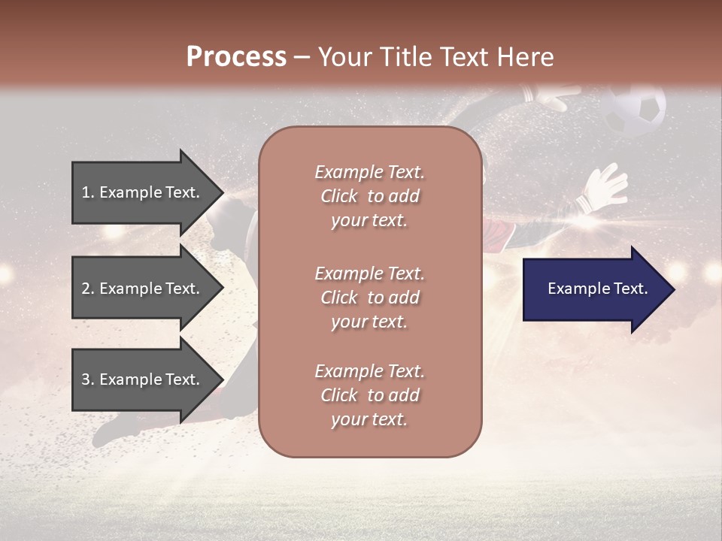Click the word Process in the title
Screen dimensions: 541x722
pyautogui.click(x=236, y=56)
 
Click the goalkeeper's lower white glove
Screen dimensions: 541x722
pyautogui.click(x=606, y=186)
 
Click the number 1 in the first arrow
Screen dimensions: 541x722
pyautogui.click(x=86, y=192)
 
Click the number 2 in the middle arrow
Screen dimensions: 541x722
pyautogui.click(x=86, y=289)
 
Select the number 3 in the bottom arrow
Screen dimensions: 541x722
pyautogui.click(x=86, y=379)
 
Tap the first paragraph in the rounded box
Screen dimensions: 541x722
pyautogui.click(x=369, y=196)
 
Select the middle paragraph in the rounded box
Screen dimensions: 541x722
pyautogui.click(x=369, y=298)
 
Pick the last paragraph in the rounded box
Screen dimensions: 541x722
pyautogui.click(x=369, y=395)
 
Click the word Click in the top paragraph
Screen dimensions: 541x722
pyautogui.click(x=339, y=196)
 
